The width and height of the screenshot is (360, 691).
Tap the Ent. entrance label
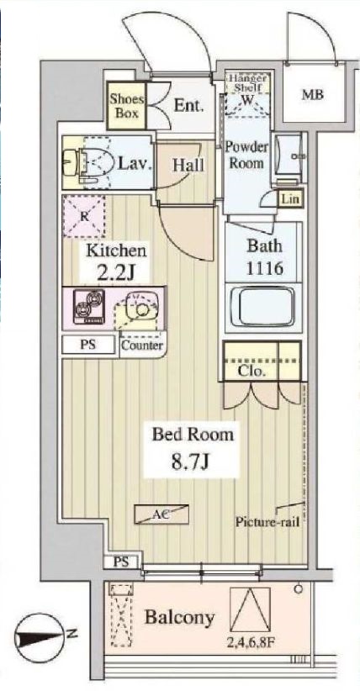pyautogui.click(x=186, y=105)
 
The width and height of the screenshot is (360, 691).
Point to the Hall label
pyautogui.click(x=188, y=166)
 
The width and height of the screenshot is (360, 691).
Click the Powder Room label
pyautogui.click(x=246, y=154)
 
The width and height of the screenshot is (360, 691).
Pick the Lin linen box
pyautogui.click(x=289, y=198)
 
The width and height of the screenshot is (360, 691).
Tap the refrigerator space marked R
pyautogui.click(x=86, y=214)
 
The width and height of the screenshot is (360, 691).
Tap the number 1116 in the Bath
pyautogui.click(x=261, y=269)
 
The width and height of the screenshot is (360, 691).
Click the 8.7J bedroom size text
pyautogui.click(x=192, y=462)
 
